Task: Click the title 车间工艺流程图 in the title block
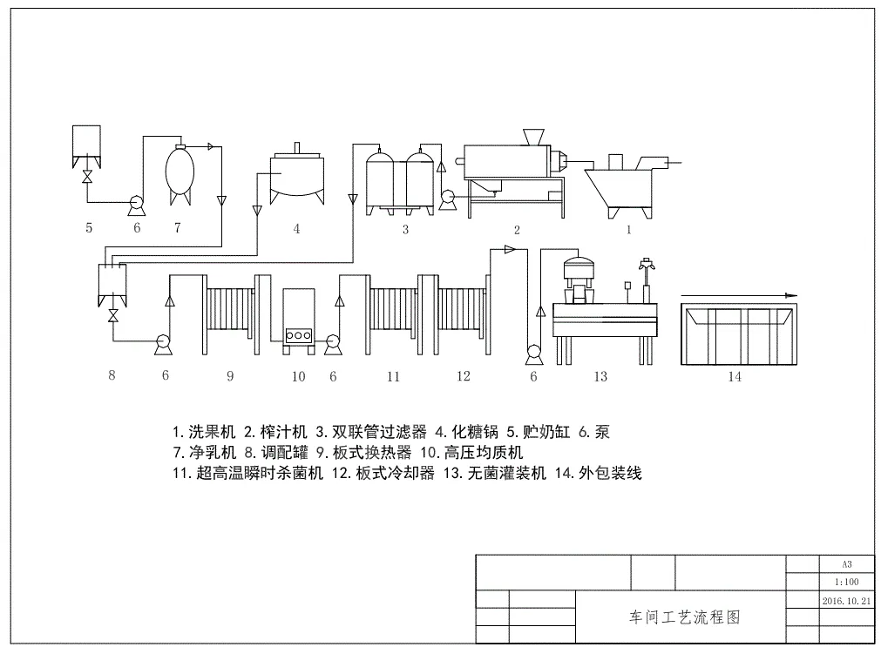click(x=684, y=617)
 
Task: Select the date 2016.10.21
click(x=846, y=601)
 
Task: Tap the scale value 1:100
click(x=846, y=583)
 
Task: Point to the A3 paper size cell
click(x=846, y=563)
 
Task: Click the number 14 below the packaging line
click(x=735, y=377)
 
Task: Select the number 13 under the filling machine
click(x=600, y=376)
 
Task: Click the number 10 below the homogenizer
click(x=298, y=376)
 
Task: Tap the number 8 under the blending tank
click(x=112, y=375)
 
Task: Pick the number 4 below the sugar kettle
click(x=296, y=229)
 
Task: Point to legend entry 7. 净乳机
click(x=204, y=452)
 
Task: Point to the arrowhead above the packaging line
click(x=790, y=296)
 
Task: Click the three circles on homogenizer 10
click(x=299, y=334)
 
